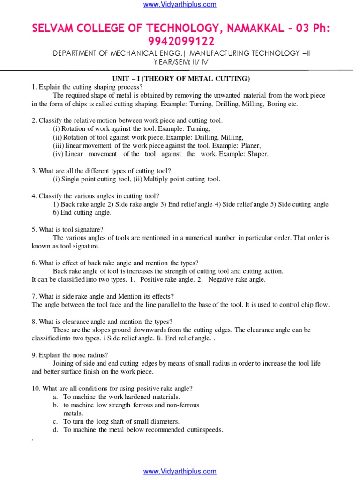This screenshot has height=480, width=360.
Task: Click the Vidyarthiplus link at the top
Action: click(180, 5)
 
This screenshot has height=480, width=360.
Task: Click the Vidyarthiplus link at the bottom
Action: click(180, 472)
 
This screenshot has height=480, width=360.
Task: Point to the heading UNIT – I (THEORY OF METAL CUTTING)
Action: click(180, 78)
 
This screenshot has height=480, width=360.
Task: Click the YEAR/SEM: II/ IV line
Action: click(180, 62)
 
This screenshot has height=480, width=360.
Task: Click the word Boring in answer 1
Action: click(276, 104)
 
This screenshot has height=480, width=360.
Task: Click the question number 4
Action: click(34, 196)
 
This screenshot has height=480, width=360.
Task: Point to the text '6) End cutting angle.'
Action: click(82, 213)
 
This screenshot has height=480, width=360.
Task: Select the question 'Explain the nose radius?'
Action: click(71, 355)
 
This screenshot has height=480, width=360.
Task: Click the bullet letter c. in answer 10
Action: click(55, 421)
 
